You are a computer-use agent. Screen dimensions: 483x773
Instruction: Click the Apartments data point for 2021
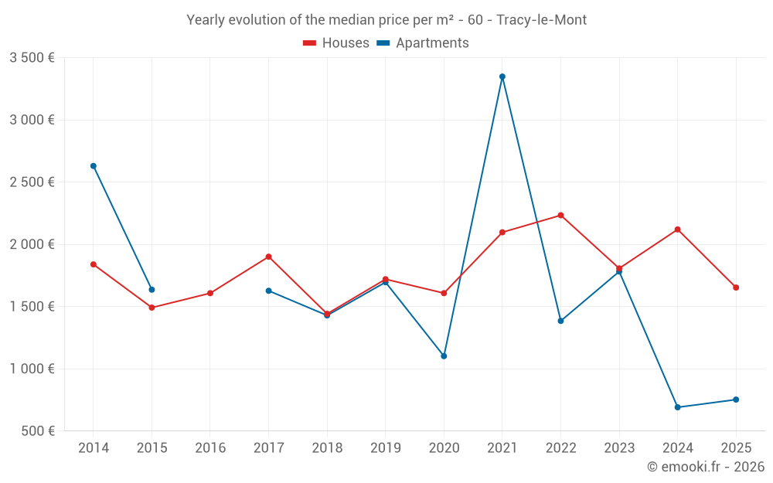coord(502,77)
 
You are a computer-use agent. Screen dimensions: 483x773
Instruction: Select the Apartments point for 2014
coord(94,166)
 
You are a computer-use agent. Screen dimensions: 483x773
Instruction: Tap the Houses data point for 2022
coord(560,216)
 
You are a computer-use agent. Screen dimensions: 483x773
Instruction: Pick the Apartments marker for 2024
coord(677,407)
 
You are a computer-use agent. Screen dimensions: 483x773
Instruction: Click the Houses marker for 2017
coord(268,257)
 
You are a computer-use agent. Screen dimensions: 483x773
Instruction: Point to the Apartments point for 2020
coord(444,356)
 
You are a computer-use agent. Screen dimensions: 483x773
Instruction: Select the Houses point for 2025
coord(736,287)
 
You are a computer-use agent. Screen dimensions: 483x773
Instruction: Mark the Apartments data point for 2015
coord(152,290)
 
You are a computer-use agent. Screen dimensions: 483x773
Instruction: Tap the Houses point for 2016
coord(210,294)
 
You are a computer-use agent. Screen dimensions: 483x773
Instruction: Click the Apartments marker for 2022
coord(560,321)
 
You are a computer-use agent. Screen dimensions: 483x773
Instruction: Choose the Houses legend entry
coord(336,43)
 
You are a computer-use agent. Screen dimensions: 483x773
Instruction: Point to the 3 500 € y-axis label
coord(32,58)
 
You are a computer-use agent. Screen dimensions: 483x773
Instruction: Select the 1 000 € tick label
coord(32,369)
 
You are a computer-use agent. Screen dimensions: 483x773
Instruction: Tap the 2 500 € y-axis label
coord(32,182)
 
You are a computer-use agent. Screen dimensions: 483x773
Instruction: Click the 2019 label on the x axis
coord(385,448)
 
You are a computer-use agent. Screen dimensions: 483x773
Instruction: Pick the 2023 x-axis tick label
coord(619,448)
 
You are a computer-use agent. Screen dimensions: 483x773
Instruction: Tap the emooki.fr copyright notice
coord(705,467)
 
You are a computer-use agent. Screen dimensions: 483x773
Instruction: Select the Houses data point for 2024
coord(677,230)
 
